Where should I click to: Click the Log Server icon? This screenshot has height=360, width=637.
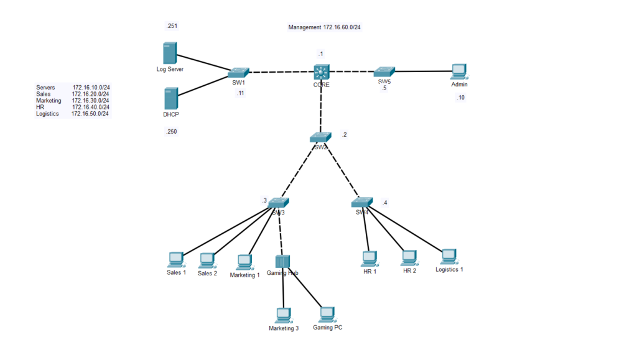[x=169, y=53]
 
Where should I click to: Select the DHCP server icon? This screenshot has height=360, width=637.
[x=171, y=99]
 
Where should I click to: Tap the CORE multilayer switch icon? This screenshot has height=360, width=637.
[x=322, y=72]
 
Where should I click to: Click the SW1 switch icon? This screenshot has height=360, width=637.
[x=238, y=73]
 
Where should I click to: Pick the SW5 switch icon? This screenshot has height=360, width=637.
[x=384, y=72]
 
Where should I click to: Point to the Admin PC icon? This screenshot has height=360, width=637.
[x=459, y=72]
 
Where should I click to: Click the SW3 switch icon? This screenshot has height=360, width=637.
[x=279, y=203]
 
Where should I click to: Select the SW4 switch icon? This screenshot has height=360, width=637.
[x=361, y=202]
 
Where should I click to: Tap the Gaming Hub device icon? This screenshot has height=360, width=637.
[x=283, y=262]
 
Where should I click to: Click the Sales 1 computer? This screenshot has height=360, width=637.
[x=176, y=259]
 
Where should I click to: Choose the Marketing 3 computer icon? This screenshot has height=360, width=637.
[x=284, y=315]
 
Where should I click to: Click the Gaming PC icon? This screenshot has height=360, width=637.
[x=327, y=314]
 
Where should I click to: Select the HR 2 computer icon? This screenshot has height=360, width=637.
[x=409, y=257]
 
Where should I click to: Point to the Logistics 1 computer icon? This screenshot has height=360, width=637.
[x=449, y=256]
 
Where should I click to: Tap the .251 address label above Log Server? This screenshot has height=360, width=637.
[x=171, y=26]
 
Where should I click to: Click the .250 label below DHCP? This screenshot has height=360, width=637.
[x=171, y=131]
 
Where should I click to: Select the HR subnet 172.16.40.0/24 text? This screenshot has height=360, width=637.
[x=90, y=107]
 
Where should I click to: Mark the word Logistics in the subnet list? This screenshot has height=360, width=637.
[x=47, y=114]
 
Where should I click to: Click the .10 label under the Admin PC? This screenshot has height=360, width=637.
[x=460, y=98]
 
